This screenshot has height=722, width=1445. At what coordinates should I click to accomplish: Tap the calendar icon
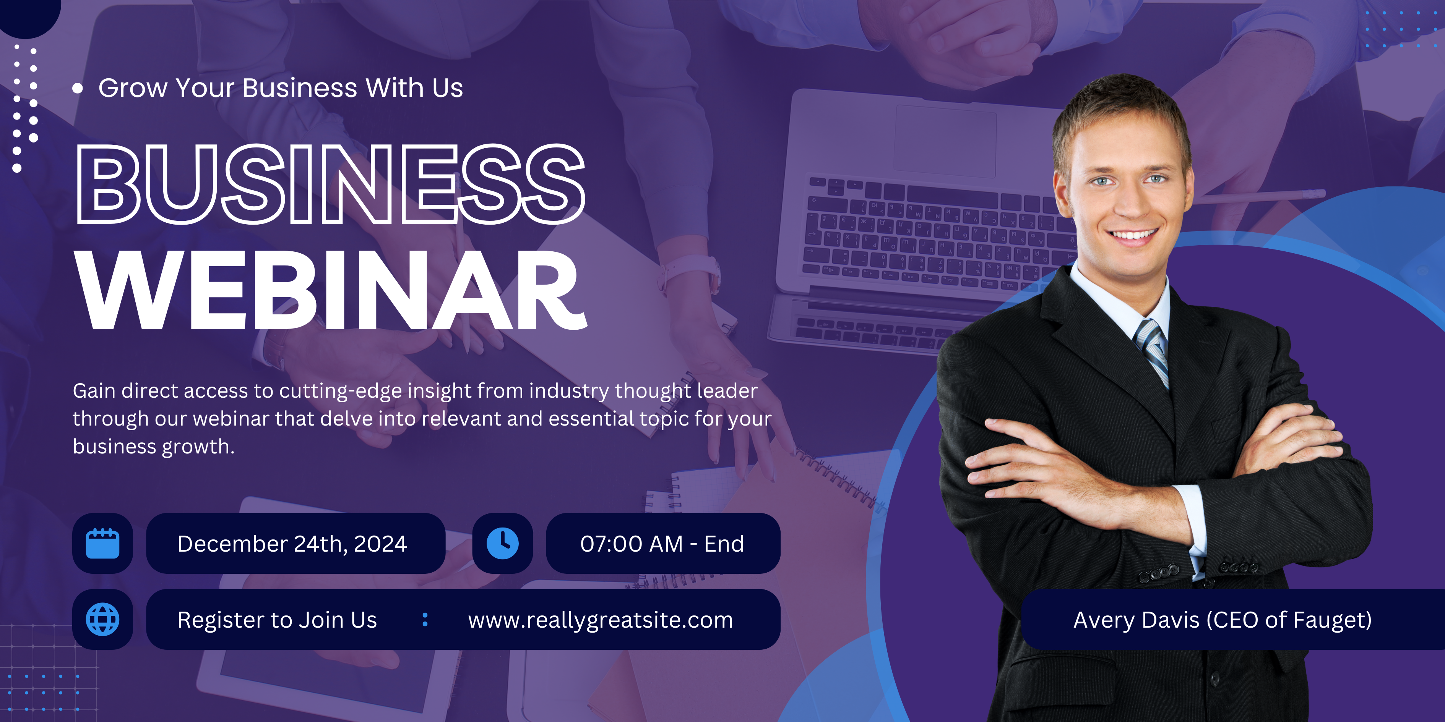pos(103,543)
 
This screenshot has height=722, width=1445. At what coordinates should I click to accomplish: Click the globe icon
pos(103,619)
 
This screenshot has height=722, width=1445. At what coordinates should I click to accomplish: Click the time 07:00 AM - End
pos(662,544)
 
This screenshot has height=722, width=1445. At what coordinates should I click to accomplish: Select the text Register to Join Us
pos(277,620)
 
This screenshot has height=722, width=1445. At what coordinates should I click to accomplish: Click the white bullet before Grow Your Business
pos(77,88)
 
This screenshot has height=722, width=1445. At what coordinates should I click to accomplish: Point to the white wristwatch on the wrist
pos(690,274)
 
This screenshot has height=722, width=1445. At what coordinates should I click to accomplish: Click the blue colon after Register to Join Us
pos(425,619)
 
